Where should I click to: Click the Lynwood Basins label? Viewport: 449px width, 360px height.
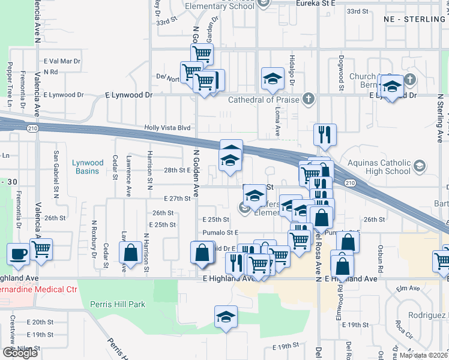[x=88, y=166]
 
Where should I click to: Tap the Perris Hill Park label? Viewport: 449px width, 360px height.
[x=117, y=304]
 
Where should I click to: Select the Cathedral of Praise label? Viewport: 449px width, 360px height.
[x=262, y=100]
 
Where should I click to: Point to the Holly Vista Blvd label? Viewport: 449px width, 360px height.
[x=167, y=128]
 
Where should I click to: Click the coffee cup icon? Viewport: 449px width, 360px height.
[x=18, y=253]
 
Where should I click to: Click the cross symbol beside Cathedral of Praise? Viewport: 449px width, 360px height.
[x=309, y=98]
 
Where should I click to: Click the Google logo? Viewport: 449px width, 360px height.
[x=20, y=353]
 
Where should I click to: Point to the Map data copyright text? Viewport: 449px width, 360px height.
[x=423, y=355]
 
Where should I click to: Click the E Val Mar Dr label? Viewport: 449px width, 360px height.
[x=62, y=61]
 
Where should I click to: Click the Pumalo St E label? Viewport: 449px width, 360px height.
[x=220, y=232]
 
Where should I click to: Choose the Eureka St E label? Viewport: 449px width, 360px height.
[x=318, y=3]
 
